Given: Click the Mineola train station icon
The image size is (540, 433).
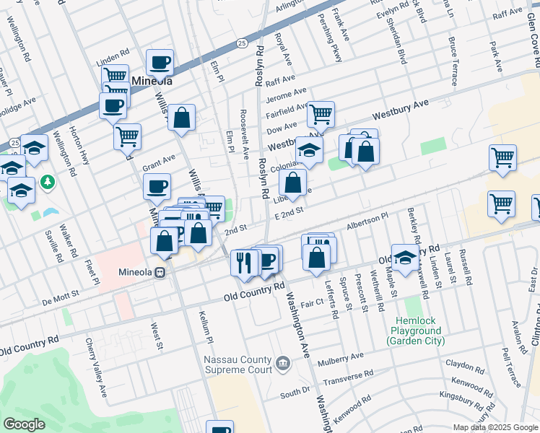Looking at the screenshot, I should pos(161,274).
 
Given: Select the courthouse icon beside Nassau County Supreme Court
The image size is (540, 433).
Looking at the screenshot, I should pos(282,362).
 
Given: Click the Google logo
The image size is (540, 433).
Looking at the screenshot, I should pos(25,424).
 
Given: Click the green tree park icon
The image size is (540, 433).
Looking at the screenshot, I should pos(48,180).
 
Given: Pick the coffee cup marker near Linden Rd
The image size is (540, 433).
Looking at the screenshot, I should pos(160,62).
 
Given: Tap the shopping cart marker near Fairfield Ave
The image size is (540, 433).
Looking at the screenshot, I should pos(321,113).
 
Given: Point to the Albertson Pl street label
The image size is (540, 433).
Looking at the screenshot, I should pos(367,219).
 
